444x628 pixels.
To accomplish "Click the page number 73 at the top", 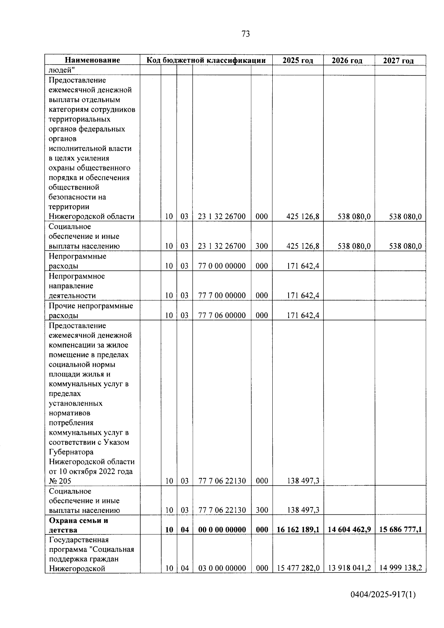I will (x=246, y=34).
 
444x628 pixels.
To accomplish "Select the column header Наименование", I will (x=92, y=60).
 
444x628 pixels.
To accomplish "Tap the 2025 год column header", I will (x=298, y=60).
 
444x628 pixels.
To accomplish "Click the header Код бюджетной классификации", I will (x=206, y=60).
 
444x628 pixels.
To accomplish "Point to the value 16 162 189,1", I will (x=298, y=530).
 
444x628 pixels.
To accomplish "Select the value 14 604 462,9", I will (x=349, y=530).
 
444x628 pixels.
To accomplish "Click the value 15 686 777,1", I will (x=400, y=530).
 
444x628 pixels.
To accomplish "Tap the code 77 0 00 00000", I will (x=222, y=266).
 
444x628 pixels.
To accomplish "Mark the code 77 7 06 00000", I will (x=222, y=315).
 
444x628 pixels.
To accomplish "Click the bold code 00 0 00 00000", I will (x=222, y=530).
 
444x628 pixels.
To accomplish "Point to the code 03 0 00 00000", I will (x=222, y=568).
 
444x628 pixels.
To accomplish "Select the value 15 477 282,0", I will (x=298, y=568).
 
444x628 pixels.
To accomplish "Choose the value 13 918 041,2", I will (x=349, y=568).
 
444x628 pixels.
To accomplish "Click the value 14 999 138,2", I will (x=400, y=568).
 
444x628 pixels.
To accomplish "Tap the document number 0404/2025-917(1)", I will (x=383, y=595).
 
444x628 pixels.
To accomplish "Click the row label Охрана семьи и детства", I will (x=78, y=525).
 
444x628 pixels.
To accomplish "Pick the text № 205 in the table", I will (x=60, y=481).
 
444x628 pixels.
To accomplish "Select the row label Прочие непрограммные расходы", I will (x=91, y=310).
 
